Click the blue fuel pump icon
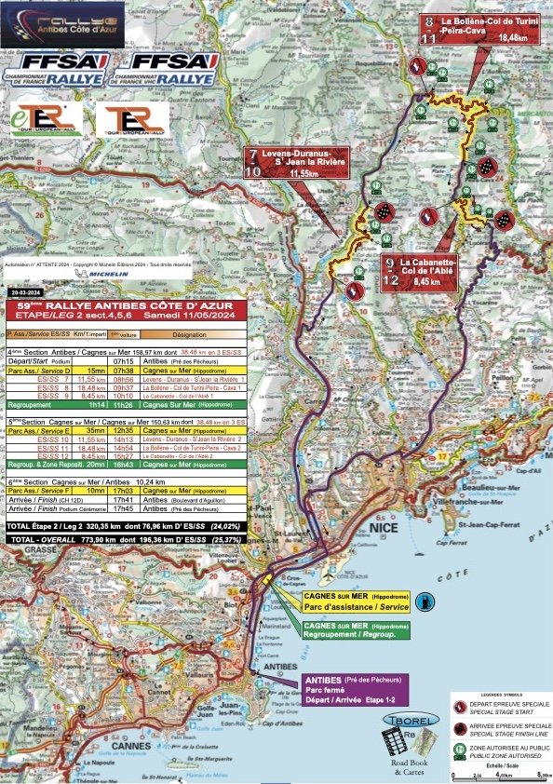click(x=425, y=601)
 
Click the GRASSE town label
click(x=20, y=549)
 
